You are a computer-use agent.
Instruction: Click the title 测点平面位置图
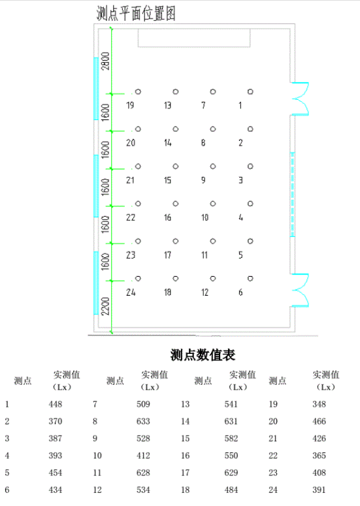point(136,14)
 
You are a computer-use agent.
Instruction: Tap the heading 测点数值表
point(203,355)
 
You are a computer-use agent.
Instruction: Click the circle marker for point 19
point(139,91)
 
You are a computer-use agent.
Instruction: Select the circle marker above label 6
point(250,278)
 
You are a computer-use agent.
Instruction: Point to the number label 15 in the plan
point(167,180)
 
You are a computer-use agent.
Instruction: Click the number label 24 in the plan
point(131,293)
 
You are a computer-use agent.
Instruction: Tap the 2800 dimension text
point(105,61)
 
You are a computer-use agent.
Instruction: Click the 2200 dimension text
point(105,306)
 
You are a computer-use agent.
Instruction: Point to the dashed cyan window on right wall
point(293,195)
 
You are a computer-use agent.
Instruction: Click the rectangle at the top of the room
point(194,38)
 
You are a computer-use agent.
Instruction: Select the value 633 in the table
point(143,421)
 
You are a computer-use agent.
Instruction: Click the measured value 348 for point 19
point(319,404)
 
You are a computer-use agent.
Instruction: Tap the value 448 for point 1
point(56,404)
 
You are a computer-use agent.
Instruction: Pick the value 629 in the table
point(231,473)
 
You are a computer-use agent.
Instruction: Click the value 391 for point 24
point(319,490)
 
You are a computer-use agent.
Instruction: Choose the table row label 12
point(97,490)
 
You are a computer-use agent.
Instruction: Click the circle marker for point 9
point(213,166)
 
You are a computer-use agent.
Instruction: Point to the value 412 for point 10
point(143,455)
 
